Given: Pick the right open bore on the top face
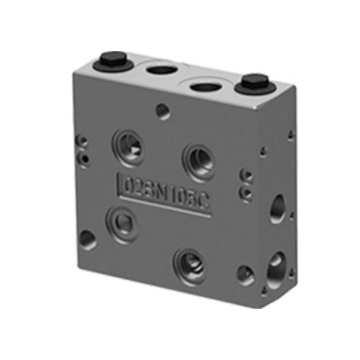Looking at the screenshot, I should (205, 88).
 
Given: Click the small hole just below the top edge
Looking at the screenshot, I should (164, 112).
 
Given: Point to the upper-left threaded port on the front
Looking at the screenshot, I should (127, 145).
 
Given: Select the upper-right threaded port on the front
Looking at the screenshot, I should (198, 160).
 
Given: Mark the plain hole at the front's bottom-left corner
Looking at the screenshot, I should (88, 240).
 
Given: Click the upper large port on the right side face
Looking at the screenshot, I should (277, 210).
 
